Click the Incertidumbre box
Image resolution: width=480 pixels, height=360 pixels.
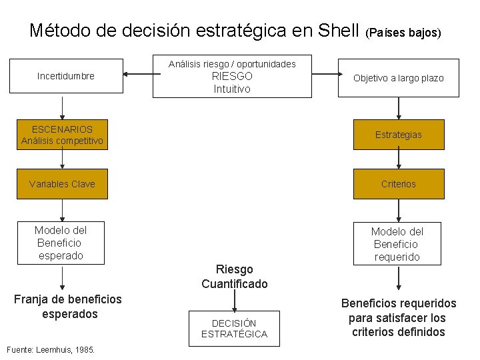[66, 76]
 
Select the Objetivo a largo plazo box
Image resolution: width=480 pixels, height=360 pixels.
[398, 78]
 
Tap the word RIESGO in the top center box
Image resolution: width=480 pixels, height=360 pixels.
[232, 76]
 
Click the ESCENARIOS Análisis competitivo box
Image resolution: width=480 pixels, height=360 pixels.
[62, 135]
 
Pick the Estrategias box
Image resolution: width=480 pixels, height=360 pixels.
[398, 135]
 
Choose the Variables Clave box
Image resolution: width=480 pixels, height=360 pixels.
[62, 184]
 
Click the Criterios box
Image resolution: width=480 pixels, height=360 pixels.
[398, 184]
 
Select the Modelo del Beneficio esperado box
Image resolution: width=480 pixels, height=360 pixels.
[61, 243]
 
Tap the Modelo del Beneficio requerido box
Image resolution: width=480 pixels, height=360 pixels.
[397, 244]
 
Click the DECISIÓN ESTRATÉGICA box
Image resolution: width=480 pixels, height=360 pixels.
[234, 328]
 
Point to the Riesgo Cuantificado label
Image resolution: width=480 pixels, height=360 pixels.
[235, 277]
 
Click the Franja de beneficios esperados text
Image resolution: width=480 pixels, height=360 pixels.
[67, 307]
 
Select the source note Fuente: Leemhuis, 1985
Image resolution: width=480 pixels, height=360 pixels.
[50, 349]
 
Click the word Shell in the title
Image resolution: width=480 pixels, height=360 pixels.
[339, 31]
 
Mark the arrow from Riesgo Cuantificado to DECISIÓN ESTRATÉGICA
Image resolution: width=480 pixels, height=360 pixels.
[235, 301]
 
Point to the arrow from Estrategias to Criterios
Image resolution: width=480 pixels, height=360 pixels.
[399, 158]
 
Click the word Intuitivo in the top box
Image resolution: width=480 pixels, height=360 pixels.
[232, 89]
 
